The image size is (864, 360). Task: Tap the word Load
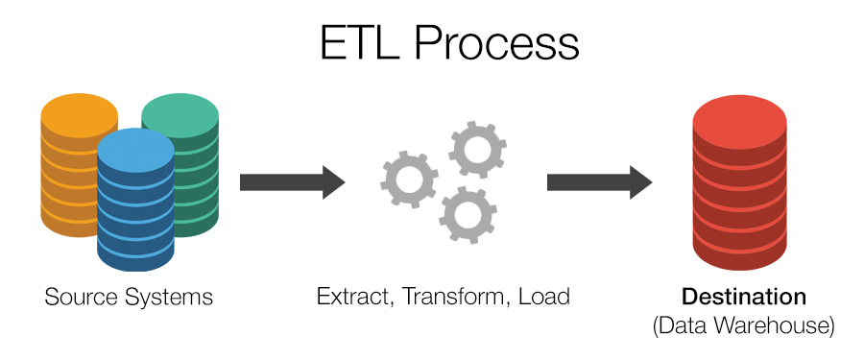pos(543,297)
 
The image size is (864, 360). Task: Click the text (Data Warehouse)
pos(744,325)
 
